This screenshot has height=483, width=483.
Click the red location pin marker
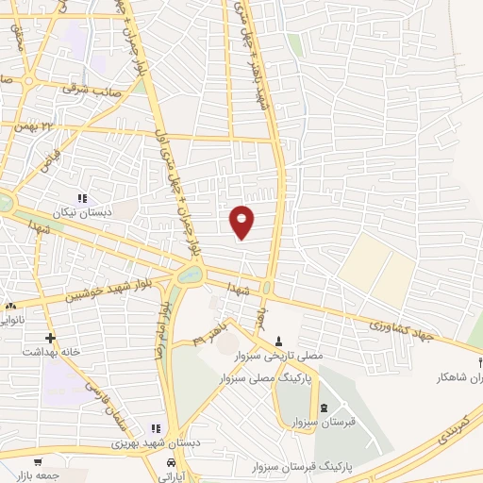pos(241,221)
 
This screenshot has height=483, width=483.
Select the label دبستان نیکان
pos(85,213)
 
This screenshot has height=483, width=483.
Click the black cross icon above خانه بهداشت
pos(50,337)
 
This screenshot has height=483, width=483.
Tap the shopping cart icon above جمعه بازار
pos(37,462)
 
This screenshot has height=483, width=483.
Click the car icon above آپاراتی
pos(170,463)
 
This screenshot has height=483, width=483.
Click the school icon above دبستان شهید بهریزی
pos(155,427)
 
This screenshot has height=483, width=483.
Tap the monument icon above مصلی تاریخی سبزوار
pos(278,341)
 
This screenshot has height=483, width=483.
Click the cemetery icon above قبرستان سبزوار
pos(325,408)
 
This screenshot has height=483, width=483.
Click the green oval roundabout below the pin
pos(189,275)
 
